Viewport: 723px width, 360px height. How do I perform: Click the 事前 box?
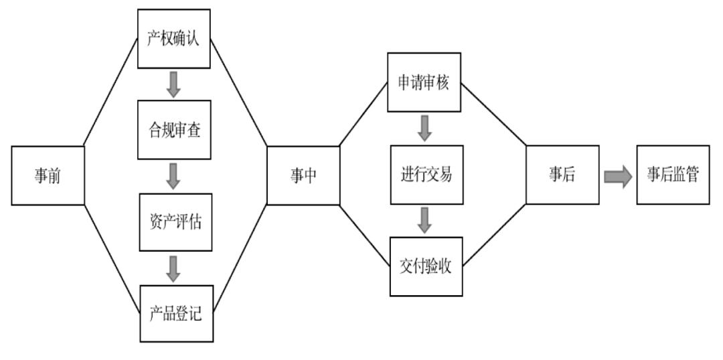tap(48, 175)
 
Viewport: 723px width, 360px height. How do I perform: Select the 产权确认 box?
tap(174, 38)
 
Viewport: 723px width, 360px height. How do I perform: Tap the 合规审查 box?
tap(174, 130)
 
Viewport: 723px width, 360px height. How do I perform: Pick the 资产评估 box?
tap(174, 222)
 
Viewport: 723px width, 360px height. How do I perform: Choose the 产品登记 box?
tap(177, 314)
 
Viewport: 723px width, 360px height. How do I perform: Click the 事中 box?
tap(303, 175)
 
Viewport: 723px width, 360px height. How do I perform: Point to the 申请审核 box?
tap(424, 82)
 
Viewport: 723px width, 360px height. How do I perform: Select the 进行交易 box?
tap(426, 175)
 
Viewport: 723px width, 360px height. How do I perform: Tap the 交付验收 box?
tap(426, 267)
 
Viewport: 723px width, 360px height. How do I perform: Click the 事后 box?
tap(561, 175)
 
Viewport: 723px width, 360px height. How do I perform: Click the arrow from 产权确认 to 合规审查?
tap(174, 84)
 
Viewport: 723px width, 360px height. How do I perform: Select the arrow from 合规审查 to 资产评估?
tap(174, 176)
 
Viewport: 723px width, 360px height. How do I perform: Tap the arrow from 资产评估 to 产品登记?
tap(174, 268)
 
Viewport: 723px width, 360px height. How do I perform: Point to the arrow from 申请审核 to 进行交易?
tap(424, 128)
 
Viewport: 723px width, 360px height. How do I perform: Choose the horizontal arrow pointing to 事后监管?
tap(617, 176)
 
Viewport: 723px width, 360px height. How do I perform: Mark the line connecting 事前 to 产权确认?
tap(110, 94)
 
